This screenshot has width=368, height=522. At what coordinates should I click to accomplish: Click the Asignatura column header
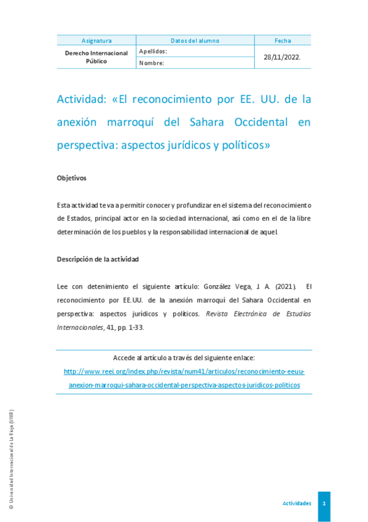[x=96, y=41]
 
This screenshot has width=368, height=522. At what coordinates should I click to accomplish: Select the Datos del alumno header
[x=195, y=41]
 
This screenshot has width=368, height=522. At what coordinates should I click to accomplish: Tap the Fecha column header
[x=283, y=41]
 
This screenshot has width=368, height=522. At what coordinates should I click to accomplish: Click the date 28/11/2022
[x=282, y=57]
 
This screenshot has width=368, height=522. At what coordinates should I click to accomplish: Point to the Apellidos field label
[x=153, y=52]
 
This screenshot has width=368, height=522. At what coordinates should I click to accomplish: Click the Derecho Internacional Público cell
[x=96, y=57]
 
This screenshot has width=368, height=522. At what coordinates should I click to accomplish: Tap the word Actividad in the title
[x=80, y=99]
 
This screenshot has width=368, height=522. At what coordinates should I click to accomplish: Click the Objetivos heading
[x=71, y=178]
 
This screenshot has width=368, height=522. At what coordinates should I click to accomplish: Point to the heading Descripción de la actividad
[x=98, y=259]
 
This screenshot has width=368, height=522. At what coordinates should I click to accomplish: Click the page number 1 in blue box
[x=324, y=504]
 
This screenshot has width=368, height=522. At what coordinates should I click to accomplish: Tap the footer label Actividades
[x=297, y=504]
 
